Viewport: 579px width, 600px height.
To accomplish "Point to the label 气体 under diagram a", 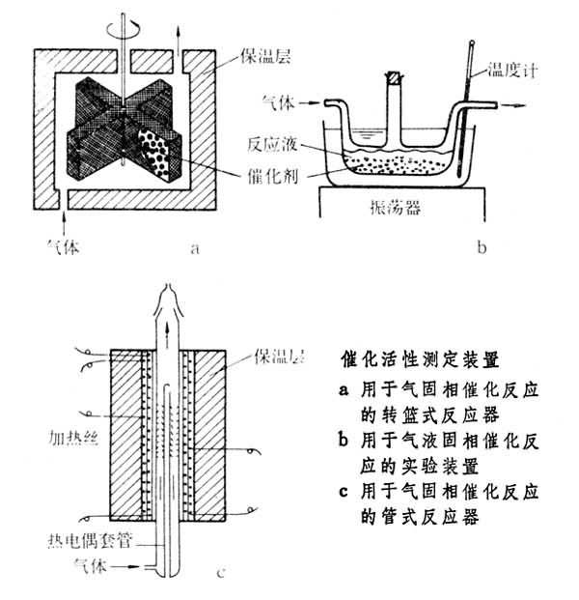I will pyautogui.click(x=65, y=248).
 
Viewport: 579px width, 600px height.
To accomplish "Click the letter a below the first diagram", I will pyautogui.click(x=193, y=248).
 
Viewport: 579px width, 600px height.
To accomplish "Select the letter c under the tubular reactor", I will pyautogui.click(x=222, y=576).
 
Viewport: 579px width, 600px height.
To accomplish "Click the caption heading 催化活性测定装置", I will pyautogui.click(x=422, y=359).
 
